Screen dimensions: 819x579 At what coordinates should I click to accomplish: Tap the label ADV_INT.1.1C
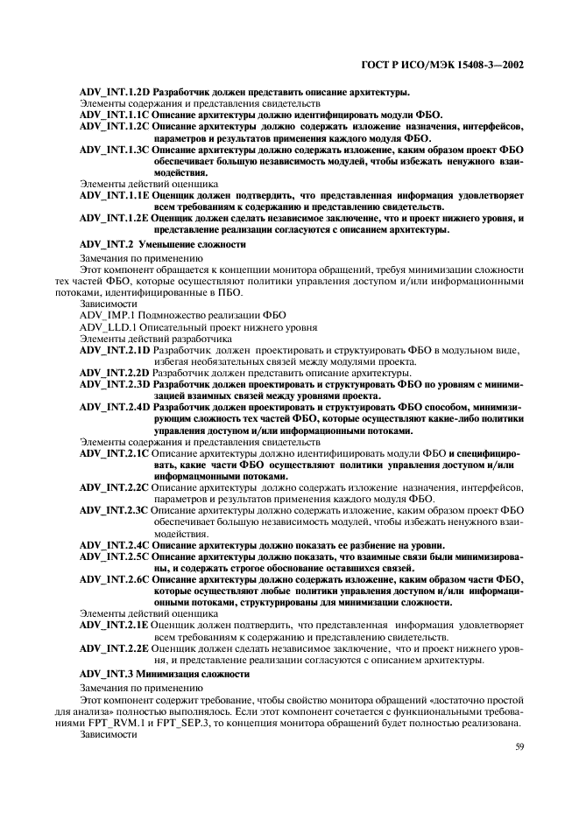[x=115, y=115]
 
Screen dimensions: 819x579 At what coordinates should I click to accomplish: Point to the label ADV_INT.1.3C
[x=115, y=150]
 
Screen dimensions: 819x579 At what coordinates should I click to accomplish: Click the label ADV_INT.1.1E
[x=115, y=196]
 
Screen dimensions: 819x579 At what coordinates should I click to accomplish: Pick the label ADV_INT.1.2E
[x=115, y=219]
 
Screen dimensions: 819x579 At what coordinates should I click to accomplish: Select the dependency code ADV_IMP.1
[x=107, y=313]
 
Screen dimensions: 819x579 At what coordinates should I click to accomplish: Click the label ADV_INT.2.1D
[x=115, y=350]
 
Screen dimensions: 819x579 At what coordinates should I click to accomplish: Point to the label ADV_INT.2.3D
[x=115, y=384]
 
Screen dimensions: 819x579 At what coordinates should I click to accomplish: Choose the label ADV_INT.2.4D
[x=115, y=407]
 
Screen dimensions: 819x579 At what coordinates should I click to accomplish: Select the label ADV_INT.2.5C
[x=115, y=556]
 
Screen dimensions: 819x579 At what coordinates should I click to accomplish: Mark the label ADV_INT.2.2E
[x=115, y=648]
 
